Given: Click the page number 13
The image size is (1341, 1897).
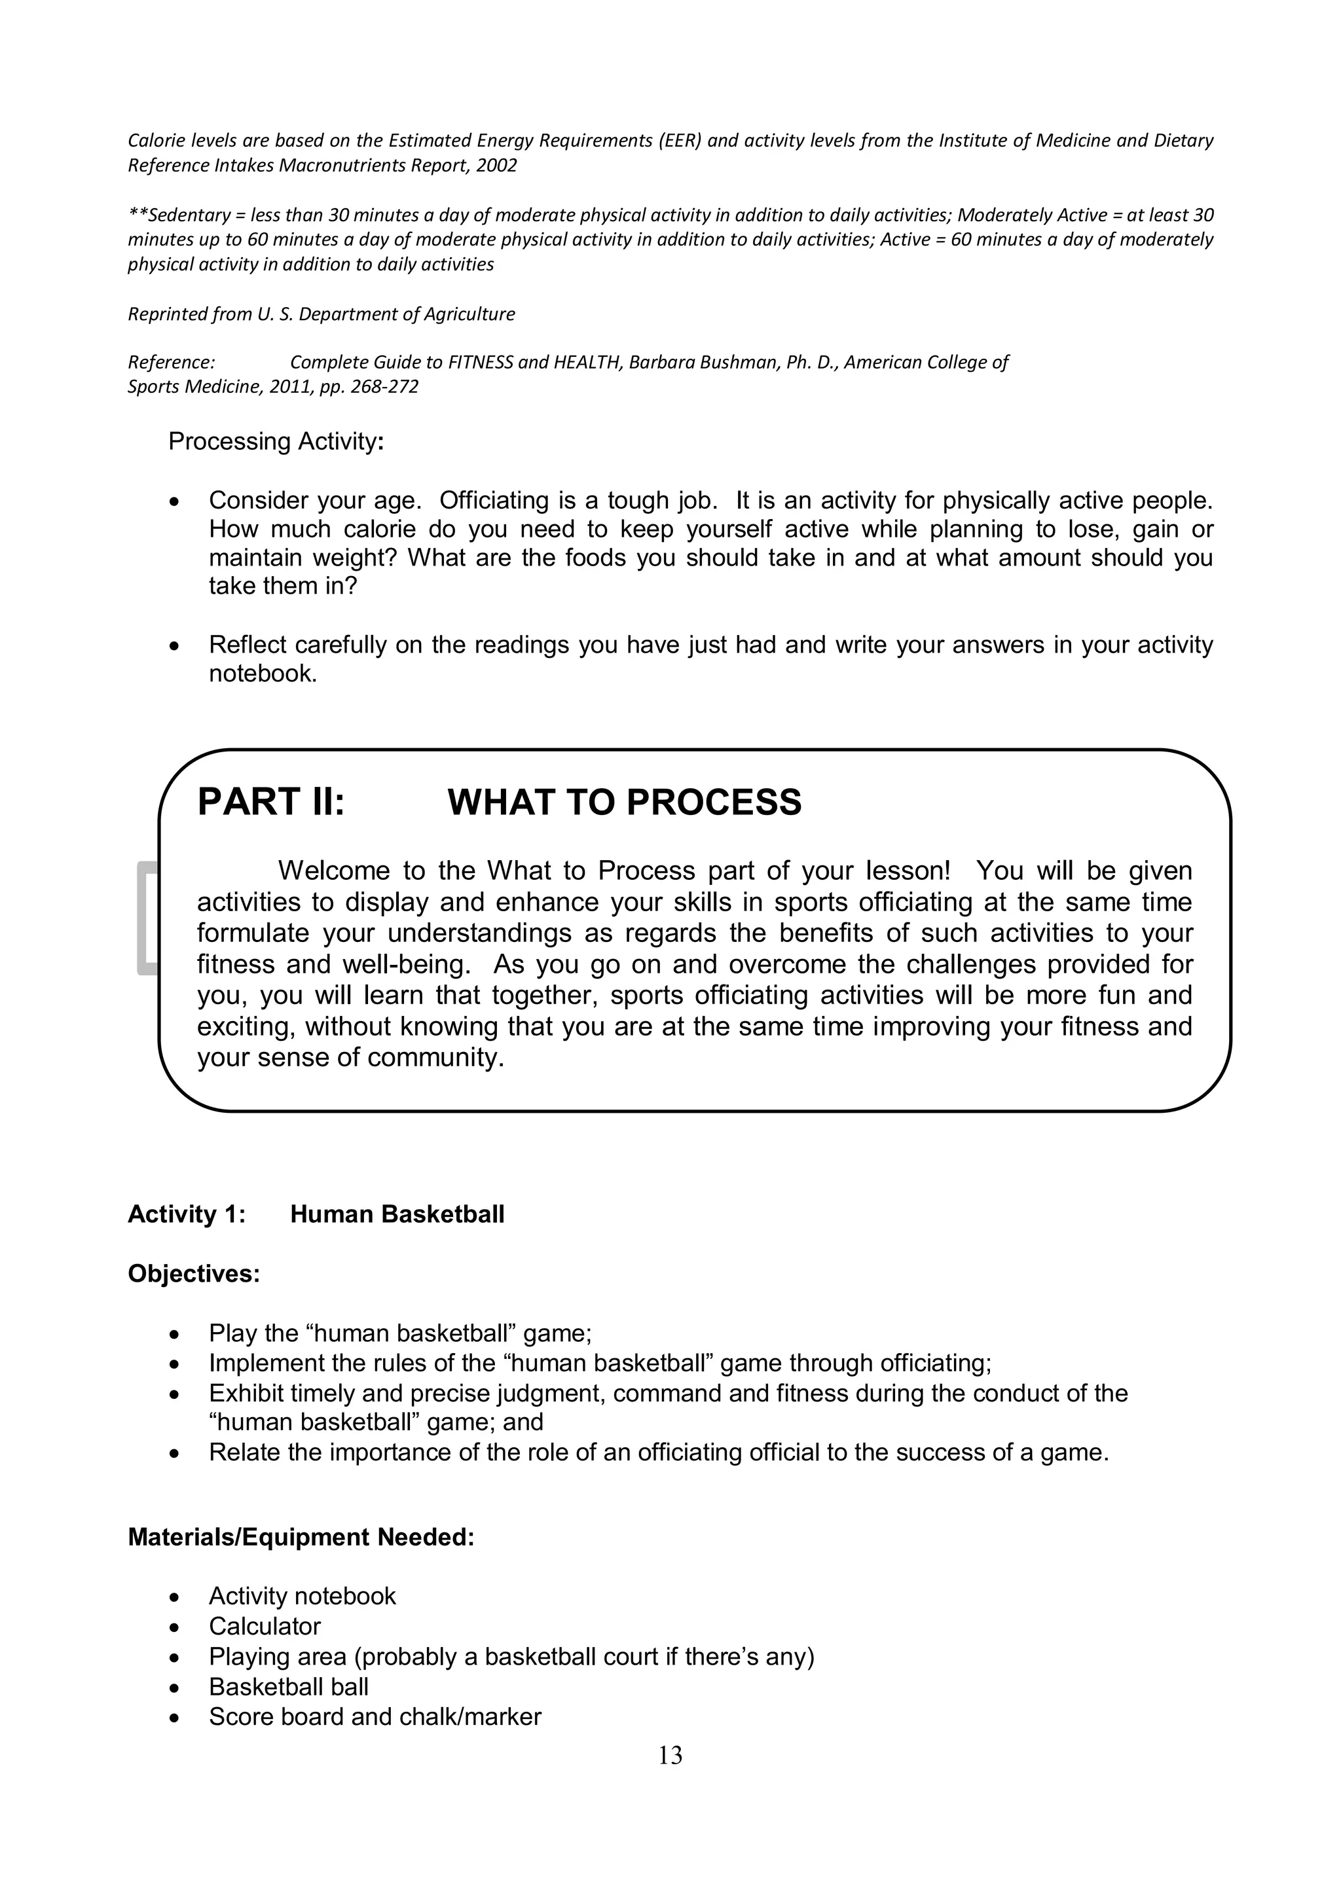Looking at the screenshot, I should [x=670, y=1755].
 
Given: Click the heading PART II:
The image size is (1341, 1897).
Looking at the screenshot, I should [x=270, y=803].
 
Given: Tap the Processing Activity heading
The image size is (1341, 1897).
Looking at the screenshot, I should [x=275, y=441].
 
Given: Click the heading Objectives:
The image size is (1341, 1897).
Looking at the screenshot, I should [x=193, y=1273].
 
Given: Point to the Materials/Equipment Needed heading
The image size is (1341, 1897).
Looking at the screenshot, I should [x=301, y=1537].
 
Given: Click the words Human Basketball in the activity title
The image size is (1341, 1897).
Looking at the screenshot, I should [x=397, y=1214].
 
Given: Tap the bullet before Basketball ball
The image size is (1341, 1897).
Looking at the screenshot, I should [x=174, y=1687].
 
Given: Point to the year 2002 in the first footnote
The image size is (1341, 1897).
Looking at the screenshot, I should [x=496, y=165].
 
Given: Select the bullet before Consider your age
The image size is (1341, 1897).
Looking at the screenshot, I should [x=174, y=501].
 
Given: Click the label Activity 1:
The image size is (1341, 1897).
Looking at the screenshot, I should [x=186, y=1214].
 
